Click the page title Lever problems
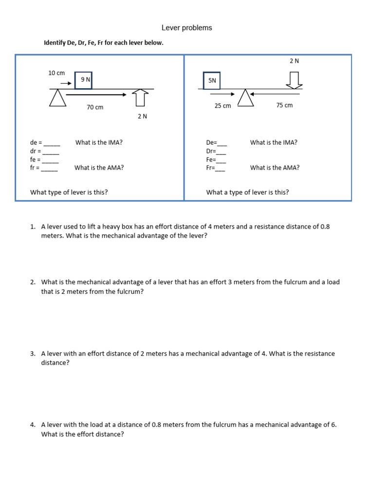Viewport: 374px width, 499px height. coord(187,28)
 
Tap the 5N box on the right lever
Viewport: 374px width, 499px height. coord(211,81)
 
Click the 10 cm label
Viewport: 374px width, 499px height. coord(56,73)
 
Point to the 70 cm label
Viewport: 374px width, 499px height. coord(95,107)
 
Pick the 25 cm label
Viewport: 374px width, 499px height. coord(223,106)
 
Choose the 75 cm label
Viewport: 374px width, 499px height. coord(284,105)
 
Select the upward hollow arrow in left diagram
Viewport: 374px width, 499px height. coord(140,97)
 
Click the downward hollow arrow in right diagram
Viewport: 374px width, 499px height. coord(294,80)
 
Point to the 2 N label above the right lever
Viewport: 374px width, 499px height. coord(294,61)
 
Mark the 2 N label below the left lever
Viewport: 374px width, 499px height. coord(142,116)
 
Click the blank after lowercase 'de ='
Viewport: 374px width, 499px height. coord(52,143)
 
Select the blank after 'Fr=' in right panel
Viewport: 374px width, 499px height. coord(220,168)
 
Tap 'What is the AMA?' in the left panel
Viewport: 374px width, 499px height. coord(99,168)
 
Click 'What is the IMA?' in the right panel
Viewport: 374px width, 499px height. coord(274,143)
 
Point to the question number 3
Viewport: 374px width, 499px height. coord(32,354)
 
